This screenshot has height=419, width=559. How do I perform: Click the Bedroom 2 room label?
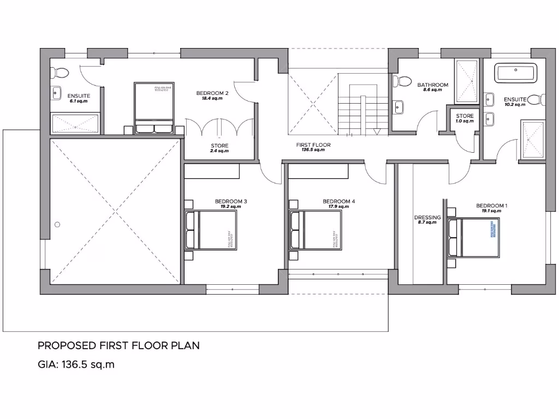pyautogui.click(x=212, y=93)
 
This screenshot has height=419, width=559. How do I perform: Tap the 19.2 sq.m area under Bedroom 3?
pyautogui.click(x=231, y=207)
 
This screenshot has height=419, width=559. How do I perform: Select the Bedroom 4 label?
pyautogui.click(x=338, y=201)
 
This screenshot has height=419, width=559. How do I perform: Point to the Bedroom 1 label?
pyautogui.click(x=491, y=206)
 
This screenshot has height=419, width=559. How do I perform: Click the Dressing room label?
pyautogui.click(x=427, y=218)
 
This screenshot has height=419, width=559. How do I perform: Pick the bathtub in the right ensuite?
pyautogui.click(x=515, y=73)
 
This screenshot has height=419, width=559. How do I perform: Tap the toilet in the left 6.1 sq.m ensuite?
pyautogui.click(x=61, y=73)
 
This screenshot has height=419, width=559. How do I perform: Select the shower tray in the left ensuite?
pyautogui.click(x=75, y=123)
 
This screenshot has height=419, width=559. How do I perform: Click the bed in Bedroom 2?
pyautogui.click(x=153, y=107)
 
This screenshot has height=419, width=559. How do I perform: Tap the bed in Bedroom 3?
pyautogui.click(x=212, y=230)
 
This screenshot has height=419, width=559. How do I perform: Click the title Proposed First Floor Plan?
pyautogui.click(x=118, y=345)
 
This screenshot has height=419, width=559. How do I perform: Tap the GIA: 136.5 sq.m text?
pyautogui.click(x=76, y=364)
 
